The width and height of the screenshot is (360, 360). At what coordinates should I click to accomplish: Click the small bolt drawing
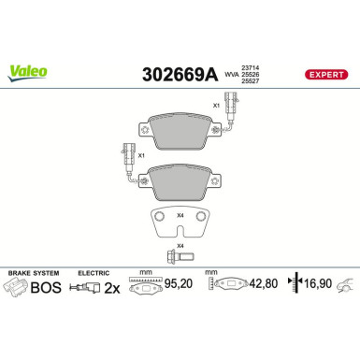coord(177,257)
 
